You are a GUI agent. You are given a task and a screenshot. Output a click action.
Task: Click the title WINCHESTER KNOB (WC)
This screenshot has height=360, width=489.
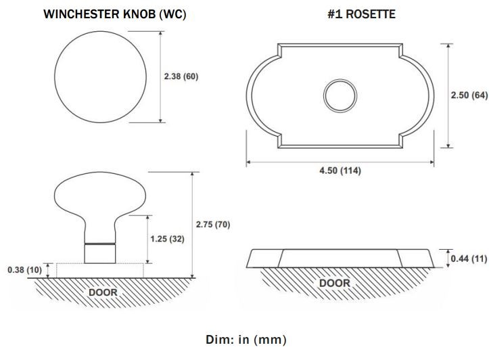(x=115, y=14)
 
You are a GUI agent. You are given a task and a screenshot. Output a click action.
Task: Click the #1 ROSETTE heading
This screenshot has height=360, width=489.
(x=361, y=14)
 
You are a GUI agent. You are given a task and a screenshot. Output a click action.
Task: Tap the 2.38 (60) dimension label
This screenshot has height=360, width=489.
(x=181, y=76)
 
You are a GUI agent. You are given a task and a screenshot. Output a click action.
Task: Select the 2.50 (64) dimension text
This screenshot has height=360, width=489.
(x=469, y=95)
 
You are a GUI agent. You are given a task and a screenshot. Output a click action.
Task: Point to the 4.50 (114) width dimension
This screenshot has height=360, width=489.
(x=340, y=171)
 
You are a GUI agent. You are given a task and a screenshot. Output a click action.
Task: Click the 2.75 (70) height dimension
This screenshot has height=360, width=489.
(x=213, y=225)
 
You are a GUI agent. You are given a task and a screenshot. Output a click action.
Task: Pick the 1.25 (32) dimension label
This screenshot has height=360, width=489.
(x=168, y=239)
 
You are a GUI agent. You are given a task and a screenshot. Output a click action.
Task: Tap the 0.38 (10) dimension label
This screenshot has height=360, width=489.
(x=24, y=270)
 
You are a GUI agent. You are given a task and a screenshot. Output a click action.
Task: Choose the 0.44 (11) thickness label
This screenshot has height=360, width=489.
(x=469, y=258)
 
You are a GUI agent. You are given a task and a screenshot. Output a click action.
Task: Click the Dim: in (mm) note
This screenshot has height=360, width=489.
(x=246, y=340)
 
